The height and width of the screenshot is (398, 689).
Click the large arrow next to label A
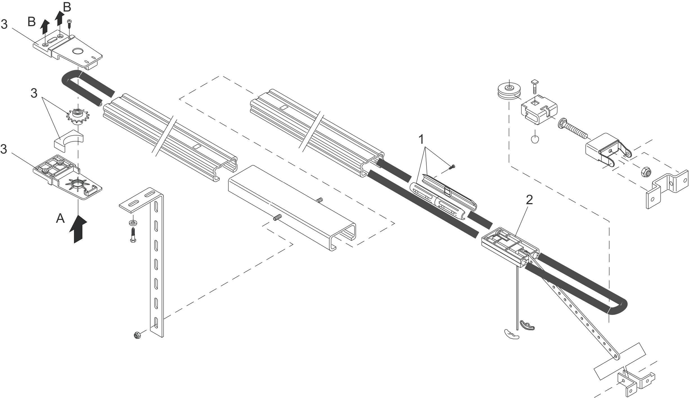[78, 229]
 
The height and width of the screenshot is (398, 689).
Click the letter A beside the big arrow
[60, 218]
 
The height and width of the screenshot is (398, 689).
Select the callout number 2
[529, 200]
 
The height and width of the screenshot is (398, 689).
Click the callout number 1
[421, 140]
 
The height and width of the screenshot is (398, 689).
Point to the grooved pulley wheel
[509, 91]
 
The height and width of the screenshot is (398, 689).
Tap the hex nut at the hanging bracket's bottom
[137, 335]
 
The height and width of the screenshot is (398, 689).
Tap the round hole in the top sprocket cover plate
[78, 51]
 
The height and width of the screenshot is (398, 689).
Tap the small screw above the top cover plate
[69, 24]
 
